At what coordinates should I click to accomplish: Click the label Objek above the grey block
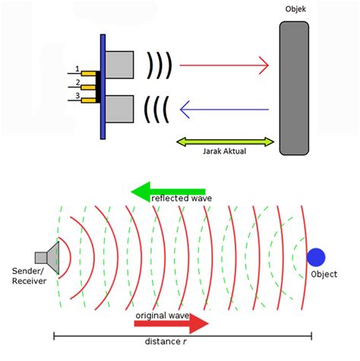(295, 9)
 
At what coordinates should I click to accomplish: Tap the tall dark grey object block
(294, 88)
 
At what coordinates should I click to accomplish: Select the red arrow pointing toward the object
(224, 65)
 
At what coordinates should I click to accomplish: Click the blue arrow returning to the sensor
(224, 109)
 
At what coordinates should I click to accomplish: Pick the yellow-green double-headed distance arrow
(225, 142)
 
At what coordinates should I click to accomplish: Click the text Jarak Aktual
(224, 151)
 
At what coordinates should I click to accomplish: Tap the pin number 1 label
(77, 68)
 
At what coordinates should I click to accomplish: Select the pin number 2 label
(77, 82)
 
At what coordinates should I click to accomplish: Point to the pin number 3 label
(77, 96)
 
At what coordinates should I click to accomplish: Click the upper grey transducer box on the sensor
(119, 65)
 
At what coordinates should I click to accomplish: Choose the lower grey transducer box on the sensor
(119, 109)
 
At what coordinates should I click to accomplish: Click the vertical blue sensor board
(103, 87)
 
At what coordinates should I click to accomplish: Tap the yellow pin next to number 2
(88, 87)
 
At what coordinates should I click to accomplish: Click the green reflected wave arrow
(168, 192)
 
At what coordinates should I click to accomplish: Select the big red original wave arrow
(172, 324)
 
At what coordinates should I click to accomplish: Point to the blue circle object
(316, 258)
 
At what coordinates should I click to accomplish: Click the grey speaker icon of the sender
(47, 258)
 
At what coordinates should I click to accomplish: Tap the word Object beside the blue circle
(324, 274)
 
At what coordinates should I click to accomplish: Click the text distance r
(166, 341)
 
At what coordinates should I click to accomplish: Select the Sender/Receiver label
(29, 276)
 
